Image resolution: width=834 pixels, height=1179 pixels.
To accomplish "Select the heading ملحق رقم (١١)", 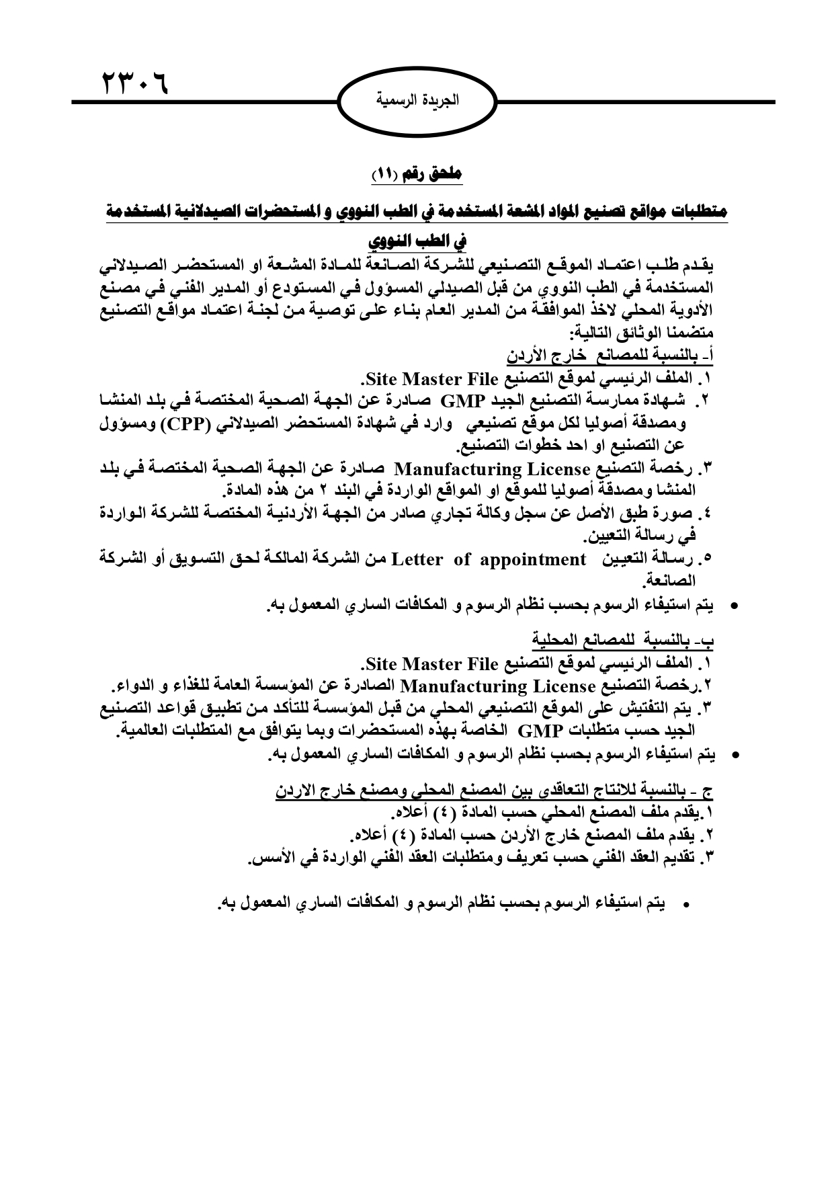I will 417,174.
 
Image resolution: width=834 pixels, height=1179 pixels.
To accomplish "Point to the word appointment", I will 533,559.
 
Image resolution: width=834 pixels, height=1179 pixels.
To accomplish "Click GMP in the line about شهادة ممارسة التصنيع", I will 462,401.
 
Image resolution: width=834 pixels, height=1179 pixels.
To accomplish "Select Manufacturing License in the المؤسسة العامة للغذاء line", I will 497,687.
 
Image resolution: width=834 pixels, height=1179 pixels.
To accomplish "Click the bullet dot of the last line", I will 686,906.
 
